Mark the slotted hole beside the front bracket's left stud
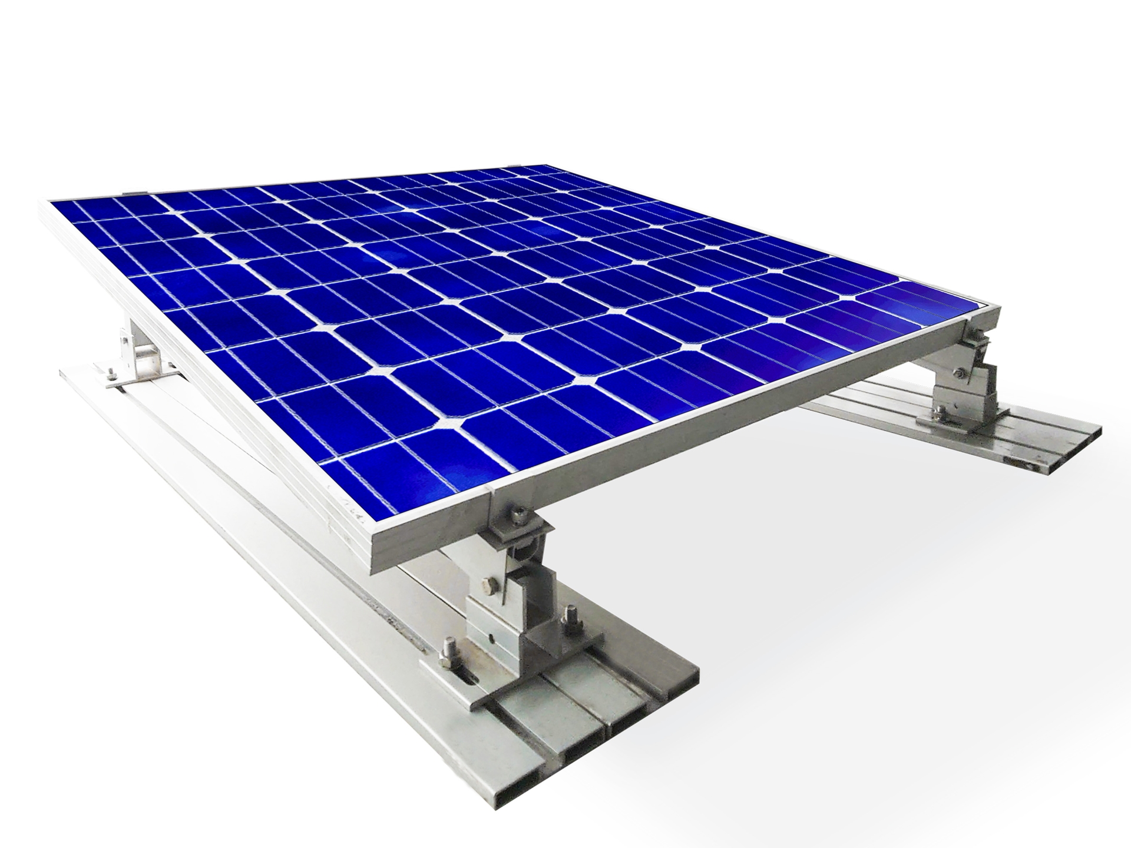tap(468, 678)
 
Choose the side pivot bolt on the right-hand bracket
tap(961, 372)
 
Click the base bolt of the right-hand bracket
tap(943, 417)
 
